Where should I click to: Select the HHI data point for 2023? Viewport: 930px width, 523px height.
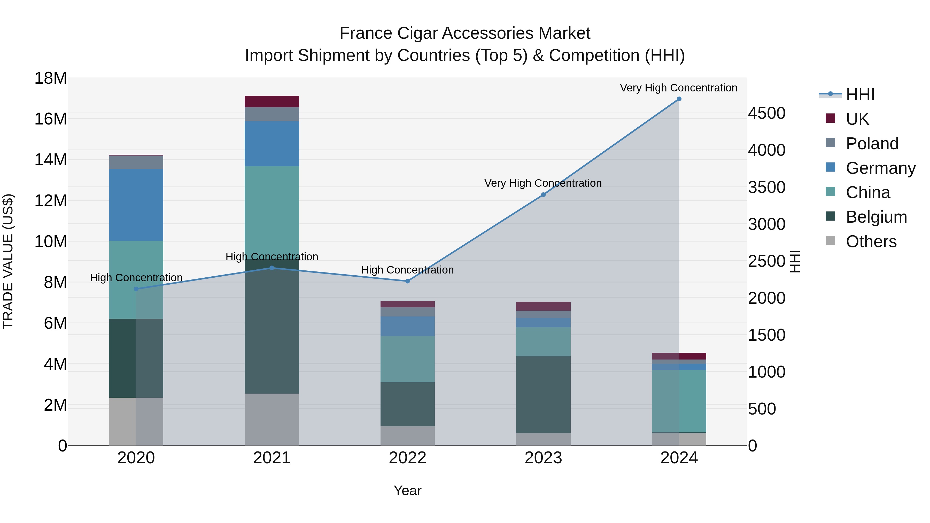point(543,194)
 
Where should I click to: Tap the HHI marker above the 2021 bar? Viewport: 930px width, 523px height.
point(272,268)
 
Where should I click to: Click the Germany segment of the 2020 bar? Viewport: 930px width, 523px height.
point(136,205)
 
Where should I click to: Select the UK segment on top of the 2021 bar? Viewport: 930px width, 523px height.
point(272,102)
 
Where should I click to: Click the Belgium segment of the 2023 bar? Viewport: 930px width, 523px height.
point(543,394)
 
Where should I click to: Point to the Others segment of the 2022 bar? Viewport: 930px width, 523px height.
point(408,436)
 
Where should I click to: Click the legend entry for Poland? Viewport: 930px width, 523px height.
point(872,143)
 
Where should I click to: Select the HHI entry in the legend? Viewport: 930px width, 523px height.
point(860,95)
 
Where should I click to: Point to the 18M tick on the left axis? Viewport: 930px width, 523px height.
point(51,78)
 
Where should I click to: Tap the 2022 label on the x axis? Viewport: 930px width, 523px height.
point(408,458)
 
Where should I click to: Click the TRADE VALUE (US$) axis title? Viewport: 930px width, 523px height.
point(8,261)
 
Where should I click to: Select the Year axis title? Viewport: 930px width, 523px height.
point(408,490)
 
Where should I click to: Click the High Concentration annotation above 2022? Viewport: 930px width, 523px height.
point(408,270)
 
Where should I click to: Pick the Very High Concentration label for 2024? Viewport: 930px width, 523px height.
point(678,88)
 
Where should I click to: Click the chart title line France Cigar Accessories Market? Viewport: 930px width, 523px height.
point(465,33)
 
